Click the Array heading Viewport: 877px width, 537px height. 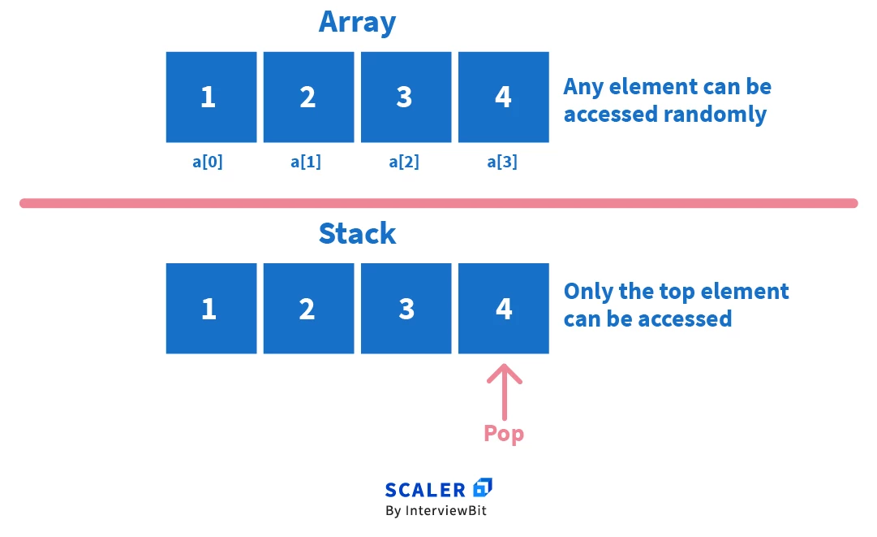tap(357, 22)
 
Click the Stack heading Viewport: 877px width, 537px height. tap(357, 234)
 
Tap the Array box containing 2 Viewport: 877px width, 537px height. tap(308, 97)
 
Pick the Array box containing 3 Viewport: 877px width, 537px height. tap(406, 97)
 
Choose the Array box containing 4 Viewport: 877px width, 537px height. tap(503, 97)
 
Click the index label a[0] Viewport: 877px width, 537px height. tap(208, 162)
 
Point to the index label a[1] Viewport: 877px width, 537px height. tap(306, 162)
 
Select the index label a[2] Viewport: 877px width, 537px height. tap(404, 162)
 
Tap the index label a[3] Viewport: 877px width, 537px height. tap(502, 162)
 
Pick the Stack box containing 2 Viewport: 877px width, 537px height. tap(308, 309)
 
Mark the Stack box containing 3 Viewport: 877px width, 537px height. tap(406, 309)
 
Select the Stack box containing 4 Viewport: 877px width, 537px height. tap(503, 309)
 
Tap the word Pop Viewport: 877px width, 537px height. tap(504, 434)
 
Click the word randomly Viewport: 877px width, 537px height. tap(715, 115)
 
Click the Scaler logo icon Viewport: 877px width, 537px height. tap(483, 487)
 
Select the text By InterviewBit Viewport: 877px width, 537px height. tap(436, 511)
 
